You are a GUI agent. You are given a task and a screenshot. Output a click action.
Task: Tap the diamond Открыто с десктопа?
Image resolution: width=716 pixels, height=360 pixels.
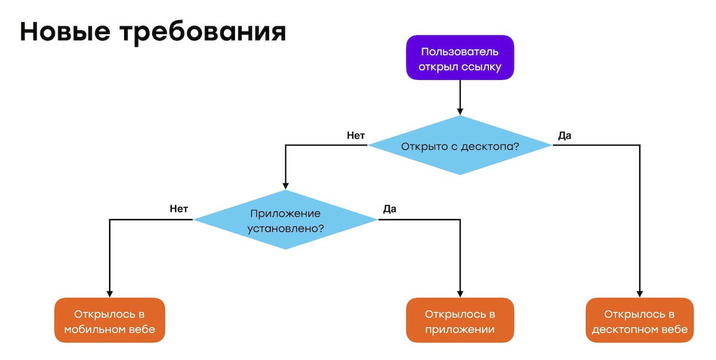[x=460, y=146]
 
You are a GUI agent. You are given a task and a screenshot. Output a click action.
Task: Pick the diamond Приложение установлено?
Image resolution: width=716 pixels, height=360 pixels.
[x=285, y=220]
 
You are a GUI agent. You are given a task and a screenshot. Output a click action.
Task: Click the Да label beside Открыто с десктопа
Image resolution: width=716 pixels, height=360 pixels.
[x=565, y=135]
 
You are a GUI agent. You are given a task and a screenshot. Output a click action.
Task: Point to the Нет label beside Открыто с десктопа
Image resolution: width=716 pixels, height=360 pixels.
[x=356, y=135]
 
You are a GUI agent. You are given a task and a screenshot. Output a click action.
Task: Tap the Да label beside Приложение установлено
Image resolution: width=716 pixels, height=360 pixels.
[x=390, y=209]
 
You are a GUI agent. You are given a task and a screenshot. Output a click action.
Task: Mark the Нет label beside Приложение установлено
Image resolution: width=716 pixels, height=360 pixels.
[x=179, y=209]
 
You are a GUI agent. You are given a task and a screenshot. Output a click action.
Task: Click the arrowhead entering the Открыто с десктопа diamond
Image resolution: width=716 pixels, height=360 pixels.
[x=460, y=111]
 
